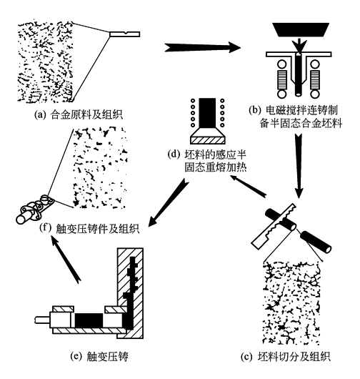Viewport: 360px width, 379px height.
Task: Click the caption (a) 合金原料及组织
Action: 79,114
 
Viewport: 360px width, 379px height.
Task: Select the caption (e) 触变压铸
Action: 99,357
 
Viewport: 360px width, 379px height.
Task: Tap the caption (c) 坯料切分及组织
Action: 286,357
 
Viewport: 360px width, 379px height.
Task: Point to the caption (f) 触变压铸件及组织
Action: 89,228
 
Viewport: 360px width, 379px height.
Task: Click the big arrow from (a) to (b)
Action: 202,47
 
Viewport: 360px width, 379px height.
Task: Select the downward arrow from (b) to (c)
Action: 299,166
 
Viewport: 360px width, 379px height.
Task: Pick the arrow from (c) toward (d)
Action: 248,186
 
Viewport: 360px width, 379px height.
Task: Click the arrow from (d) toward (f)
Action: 168,202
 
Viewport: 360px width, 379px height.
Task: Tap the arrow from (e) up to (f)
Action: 66,260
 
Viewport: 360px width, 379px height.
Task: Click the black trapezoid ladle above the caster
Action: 301,30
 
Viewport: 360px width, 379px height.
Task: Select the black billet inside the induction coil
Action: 207,113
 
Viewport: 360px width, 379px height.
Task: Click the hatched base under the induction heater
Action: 208,140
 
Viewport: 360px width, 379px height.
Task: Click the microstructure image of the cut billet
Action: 291,303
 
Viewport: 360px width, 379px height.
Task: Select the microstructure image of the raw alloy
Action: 45,61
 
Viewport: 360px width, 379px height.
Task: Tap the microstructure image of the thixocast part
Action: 100,167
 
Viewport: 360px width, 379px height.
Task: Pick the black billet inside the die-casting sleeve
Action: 89,320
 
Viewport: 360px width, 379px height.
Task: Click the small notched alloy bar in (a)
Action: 124,34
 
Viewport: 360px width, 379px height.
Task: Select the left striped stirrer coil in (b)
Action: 282,79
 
